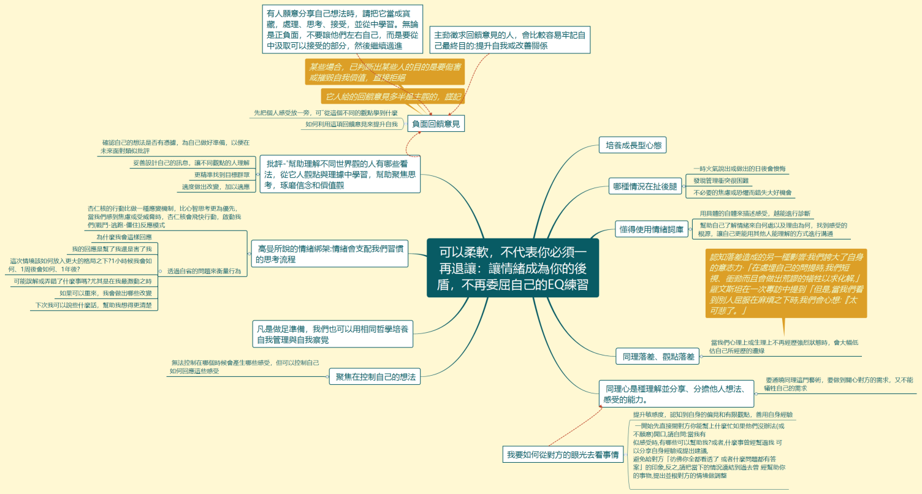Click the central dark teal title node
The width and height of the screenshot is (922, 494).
512,268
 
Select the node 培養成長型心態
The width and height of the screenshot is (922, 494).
631,145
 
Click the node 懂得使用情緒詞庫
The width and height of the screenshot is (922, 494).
650,230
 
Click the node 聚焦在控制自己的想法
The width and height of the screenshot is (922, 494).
375,377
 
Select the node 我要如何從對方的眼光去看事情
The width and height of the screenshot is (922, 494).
562,455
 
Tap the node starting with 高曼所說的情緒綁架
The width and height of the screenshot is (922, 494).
329,254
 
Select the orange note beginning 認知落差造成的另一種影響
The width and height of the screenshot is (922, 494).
786,283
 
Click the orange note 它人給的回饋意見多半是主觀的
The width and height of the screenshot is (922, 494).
392,97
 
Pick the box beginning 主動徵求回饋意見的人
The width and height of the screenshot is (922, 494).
509,40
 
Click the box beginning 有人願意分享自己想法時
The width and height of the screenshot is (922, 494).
342,29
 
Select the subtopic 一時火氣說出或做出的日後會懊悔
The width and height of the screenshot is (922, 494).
739,169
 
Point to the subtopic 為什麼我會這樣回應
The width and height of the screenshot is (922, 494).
124,237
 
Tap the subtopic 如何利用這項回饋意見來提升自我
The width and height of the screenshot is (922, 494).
351,124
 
